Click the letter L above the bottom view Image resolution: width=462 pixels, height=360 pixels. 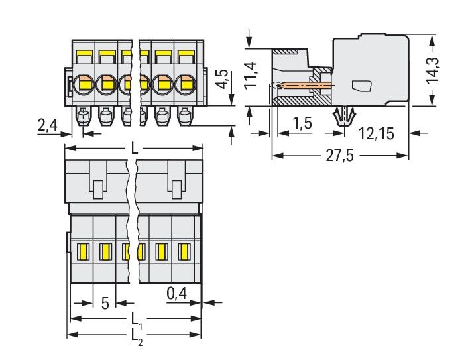click(x=135, y=150)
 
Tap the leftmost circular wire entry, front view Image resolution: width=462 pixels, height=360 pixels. click(x=84, y=84)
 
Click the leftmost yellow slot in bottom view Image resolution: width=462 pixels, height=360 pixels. click(x=84, y=252)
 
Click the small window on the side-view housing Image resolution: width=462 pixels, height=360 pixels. click(x=361, y=86)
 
